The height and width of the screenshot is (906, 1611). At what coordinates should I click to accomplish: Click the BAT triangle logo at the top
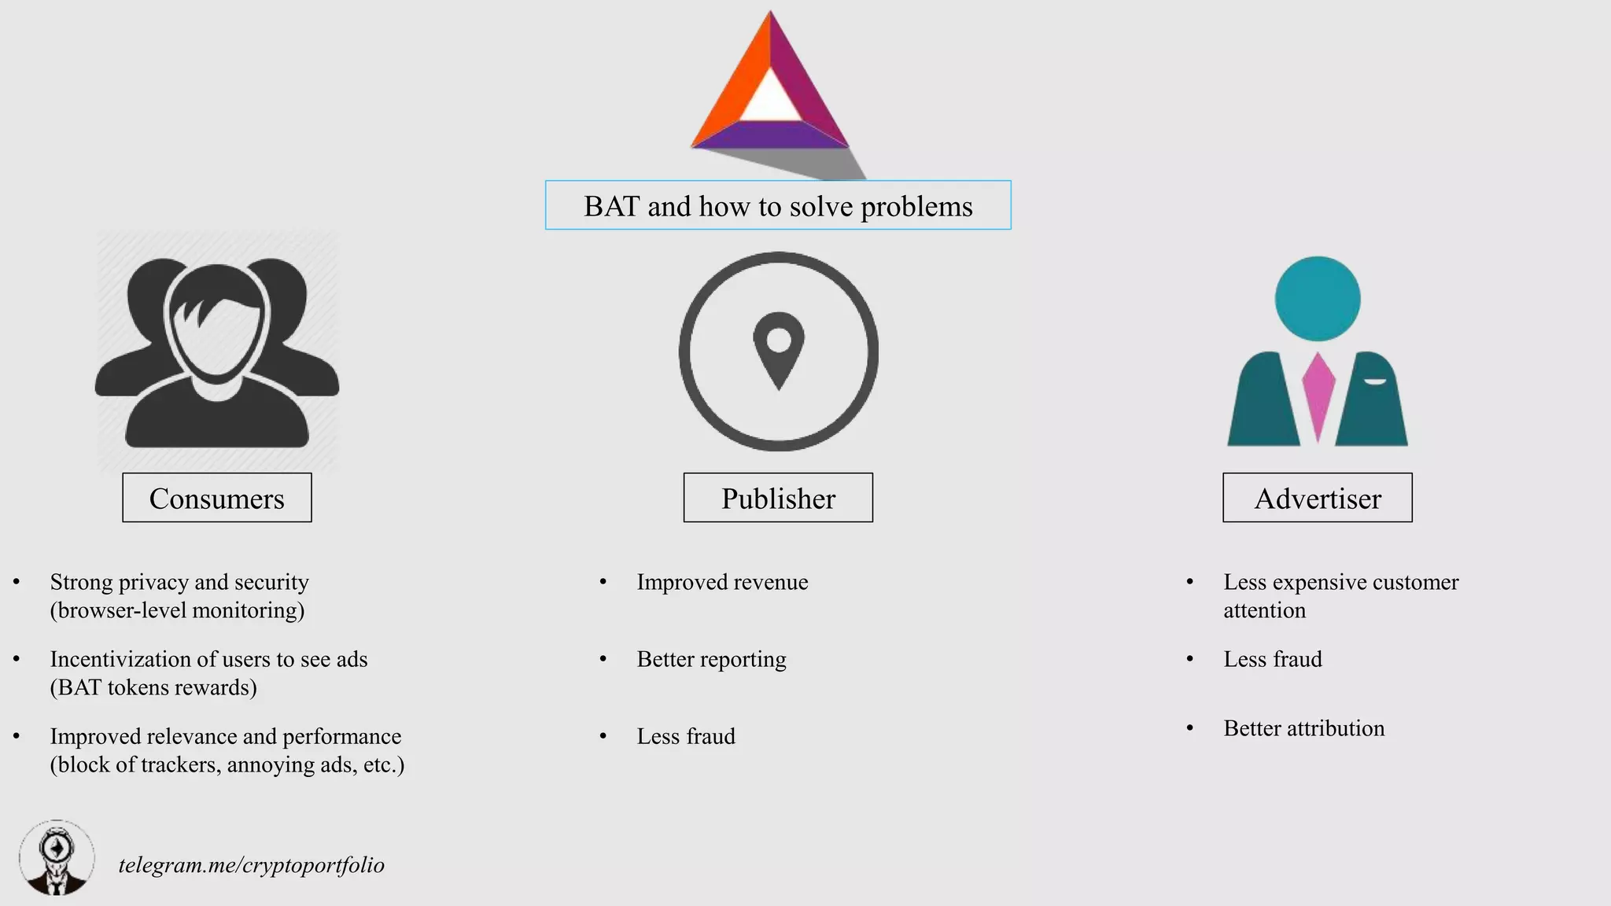pos(769,90)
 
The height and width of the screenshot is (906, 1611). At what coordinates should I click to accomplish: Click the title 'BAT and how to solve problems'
pos(778,206)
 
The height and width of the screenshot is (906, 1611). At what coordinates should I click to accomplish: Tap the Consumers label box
pos(217,499)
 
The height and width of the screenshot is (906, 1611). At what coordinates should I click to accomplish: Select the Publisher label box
pos(778,499)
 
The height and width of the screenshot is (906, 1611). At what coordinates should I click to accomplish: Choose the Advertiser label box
pos(1318,499)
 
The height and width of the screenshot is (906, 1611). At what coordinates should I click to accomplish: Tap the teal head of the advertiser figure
pos(1318,299)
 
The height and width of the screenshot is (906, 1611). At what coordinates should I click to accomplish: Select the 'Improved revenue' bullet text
pos(722,582)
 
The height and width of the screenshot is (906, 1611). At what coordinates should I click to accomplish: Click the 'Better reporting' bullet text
pos(711,659)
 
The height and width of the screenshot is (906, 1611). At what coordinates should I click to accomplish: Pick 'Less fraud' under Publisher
pos(686,736)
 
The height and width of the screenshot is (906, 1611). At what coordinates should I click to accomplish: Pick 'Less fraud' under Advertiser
pos(1273,659)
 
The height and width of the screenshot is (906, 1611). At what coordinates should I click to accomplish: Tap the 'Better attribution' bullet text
pos(1304,728)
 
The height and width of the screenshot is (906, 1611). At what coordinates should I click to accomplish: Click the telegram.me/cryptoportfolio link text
pos(252,865)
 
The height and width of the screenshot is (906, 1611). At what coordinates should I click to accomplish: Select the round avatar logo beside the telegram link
pos(57,858)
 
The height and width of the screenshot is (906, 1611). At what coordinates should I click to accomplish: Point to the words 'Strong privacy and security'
pos(179,582)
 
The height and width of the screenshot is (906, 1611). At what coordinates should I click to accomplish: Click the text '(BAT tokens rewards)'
pos(153,687)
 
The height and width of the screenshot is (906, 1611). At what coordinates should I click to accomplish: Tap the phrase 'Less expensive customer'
pos(1341,582)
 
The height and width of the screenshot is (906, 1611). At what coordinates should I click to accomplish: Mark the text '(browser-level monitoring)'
pos(177,610)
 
